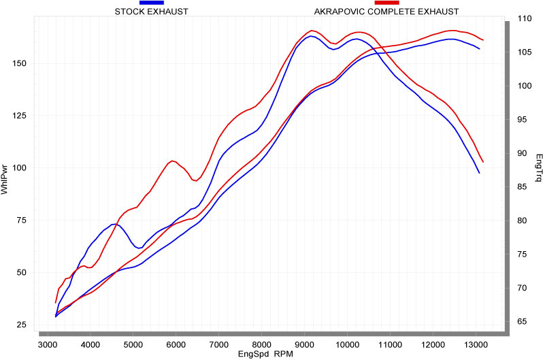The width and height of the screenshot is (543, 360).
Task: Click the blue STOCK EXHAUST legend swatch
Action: point(152,3)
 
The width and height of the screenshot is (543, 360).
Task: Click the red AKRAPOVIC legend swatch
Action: point(386,3)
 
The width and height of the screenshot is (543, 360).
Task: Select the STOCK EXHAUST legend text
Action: point(152,12)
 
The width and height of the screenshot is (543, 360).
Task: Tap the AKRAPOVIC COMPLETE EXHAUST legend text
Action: point(386,12)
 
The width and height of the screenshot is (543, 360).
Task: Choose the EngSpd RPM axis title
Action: point(265,355)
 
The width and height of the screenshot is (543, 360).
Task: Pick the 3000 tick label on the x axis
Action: point(48,345)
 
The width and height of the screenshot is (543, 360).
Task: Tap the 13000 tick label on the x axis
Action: point(476,345)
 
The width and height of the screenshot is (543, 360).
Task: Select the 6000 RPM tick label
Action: point(176,345)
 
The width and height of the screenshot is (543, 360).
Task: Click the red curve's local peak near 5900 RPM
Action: point(174,161)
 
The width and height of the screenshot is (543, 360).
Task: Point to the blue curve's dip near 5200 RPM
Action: point(139,248)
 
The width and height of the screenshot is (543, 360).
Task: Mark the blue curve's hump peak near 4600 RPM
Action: point(114,224)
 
